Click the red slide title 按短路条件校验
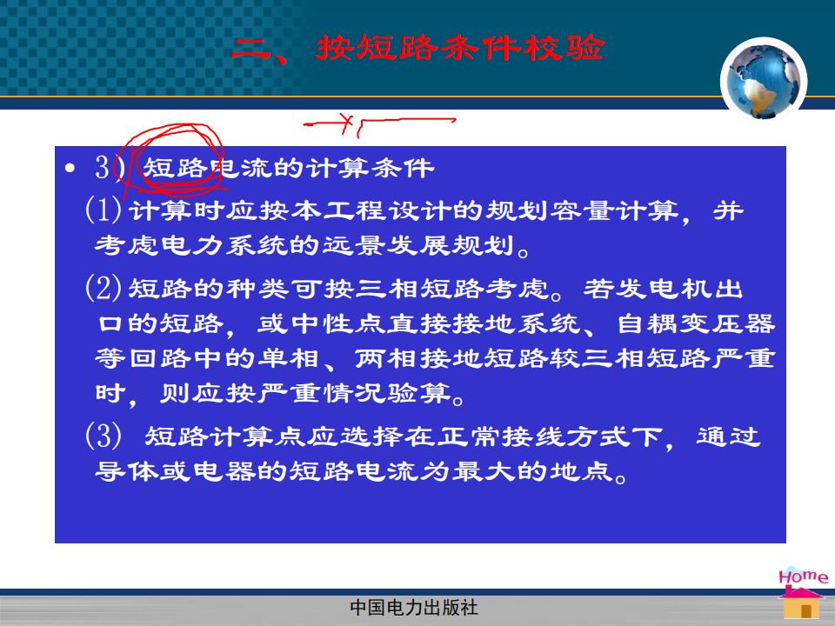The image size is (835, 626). coord(460,48)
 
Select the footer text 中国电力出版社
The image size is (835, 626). coord(414,608)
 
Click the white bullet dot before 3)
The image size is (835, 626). coord(70,168)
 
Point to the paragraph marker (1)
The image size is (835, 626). coord(104,210)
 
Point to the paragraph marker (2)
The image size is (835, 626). coord(104,288)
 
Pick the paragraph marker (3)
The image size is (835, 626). coord(104,436)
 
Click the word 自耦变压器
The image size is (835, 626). coord(696,323)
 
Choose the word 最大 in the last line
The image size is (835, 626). coord(484,471)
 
